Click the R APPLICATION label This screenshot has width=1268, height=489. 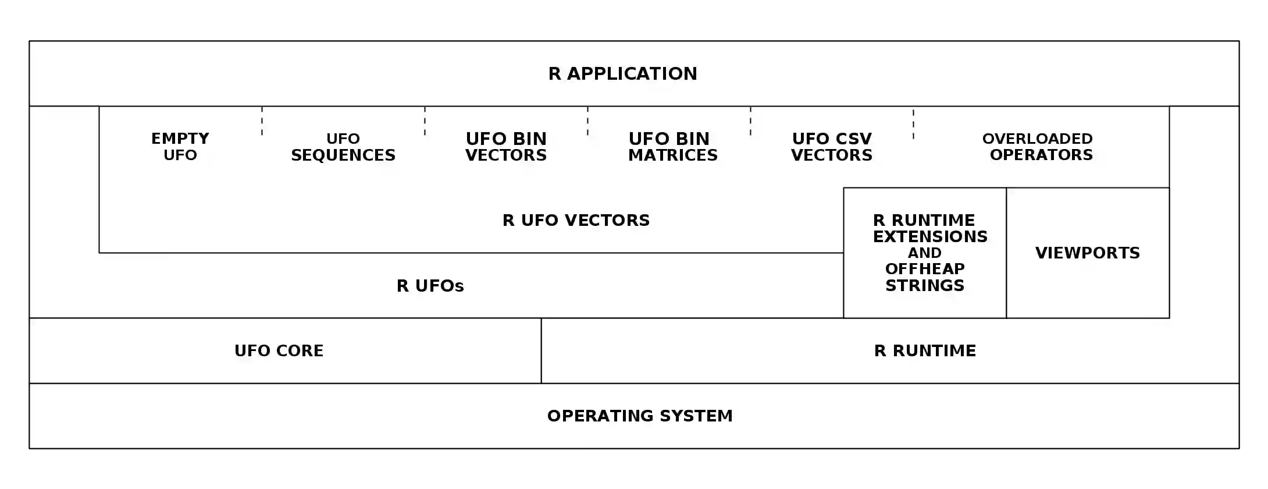[622, 74]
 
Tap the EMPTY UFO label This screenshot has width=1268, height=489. [180, 147]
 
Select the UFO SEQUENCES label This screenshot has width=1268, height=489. [343, 147]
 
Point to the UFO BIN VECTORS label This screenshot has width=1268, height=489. [506, 147]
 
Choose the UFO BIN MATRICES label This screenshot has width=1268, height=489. [672, 147]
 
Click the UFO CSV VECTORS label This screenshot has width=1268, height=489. [832, 147]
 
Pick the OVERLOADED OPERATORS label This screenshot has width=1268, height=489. [1039, 147]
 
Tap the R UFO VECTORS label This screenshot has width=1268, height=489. [576, 220]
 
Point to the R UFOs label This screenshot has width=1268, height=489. [430, 286]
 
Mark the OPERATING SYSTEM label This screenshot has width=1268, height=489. [640, 416]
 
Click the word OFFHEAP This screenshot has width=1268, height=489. [925, 269]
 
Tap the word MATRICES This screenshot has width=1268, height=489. [673, 155]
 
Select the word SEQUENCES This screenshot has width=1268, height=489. [343, 155]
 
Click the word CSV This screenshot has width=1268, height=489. [852, 139]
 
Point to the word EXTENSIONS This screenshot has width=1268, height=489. [930, 236]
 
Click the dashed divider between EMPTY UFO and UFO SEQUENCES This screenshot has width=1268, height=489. [262, 121]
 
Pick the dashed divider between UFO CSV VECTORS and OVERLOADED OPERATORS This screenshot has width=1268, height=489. [913, 123]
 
